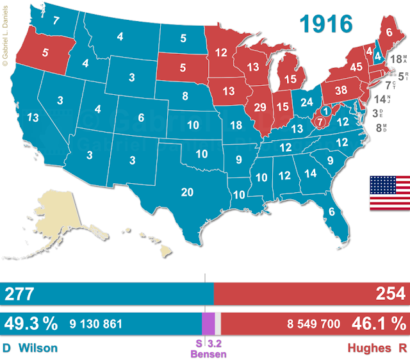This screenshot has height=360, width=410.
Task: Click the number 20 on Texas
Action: pyautogui.click(x=188, y=193)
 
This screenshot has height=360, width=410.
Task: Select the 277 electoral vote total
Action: pyautogui.click(x=20, y=294)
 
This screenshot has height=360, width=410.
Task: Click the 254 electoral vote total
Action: pyautogui.click(x=390, y=294)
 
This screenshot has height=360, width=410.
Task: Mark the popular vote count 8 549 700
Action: pyautogui.click(x=313, y=323)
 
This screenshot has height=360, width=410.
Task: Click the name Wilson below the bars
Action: pyautogui.click(x=38, y=348)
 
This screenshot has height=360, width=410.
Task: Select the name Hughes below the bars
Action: pyautogui.click(x=368, y=348)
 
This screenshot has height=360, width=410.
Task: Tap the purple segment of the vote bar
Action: pyautogui.click(x=208, y=323)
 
